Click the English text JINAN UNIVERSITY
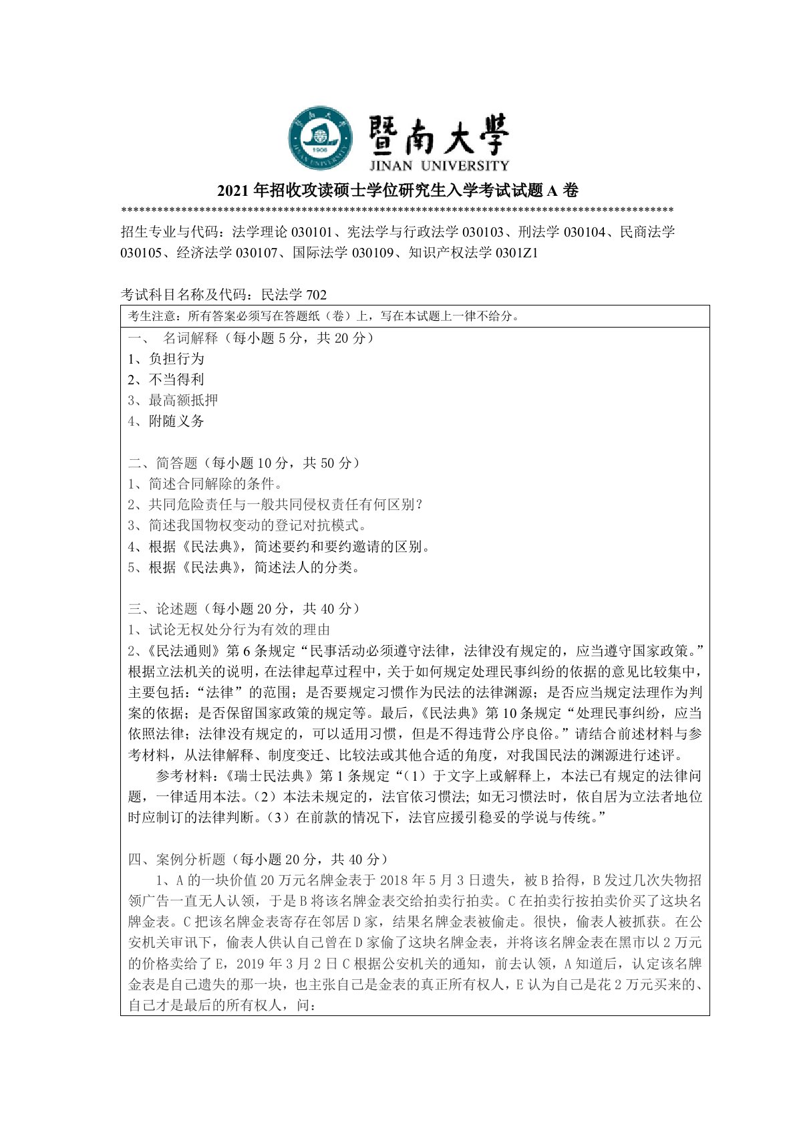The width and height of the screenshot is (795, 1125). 438,165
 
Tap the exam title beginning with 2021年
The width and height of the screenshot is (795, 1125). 397,191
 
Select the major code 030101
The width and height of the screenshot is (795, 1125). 311,233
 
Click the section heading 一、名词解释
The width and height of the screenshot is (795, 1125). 251,338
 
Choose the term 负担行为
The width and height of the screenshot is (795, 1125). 166,358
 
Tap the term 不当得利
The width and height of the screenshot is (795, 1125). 166,379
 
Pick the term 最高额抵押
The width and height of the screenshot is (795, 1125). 173,400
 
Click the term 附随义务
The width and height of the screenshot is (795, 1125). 166,421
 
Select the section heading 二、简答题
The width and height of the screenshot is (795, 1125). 244,463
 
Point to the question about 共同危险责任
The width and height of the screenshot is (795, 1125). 275,504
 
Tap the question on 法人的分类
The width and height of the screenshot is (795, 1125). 245,567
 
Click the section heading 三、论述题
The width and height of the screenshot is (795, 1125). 244,608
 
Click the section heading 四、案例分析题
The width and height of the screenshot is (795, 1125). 258,859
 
